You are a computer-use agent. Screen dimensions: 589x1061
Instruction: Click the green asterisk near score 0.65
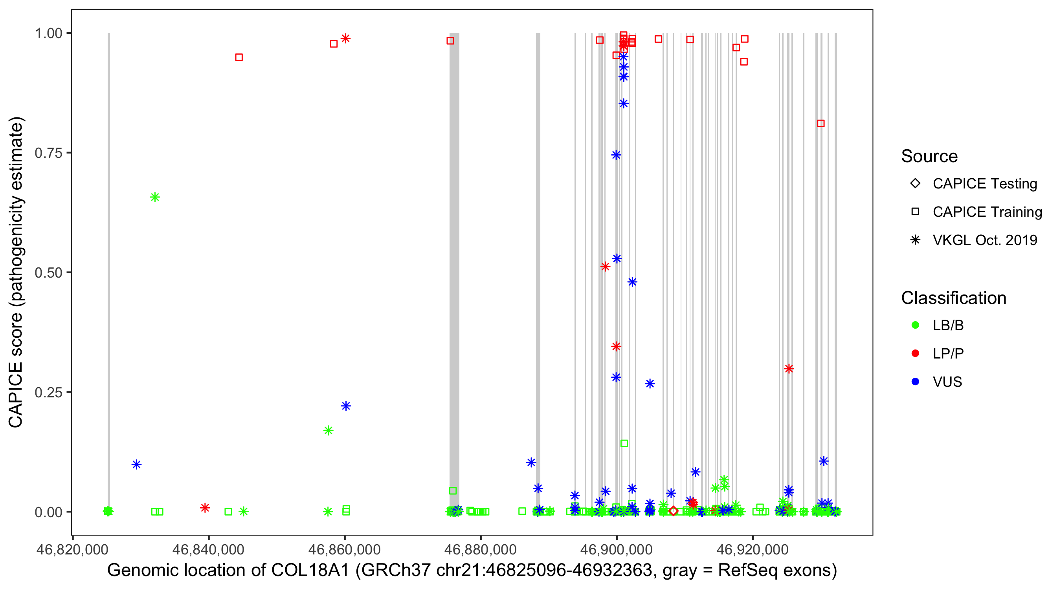click(155, 197)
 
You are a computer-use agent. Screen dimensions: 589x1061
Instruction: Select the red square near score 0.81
click(821, 123)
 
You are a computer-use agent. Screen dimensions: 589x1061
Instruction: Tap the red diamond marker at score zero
click(674, 511)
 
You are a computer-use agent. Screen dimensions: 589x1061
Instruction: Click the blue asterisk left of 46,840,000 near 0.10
click(136, 465)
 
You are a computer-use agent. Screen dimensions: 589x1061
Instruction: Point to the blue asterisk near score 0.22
click(346, 406)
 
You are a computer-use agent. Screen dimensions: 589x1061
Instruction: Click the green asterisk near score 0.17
click(328, 430)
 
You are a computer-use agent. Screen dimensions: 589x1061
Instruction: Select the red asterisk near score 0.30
click(789, 369)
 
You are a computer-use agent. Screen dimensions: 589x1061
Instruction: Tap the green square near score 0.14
click(624, 443)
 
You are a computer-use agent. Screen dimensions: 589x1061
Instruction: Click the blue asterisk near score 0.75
click(616, 155)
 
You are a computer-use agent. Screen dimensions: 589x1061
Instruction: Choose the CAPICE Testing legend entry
click(984, 184)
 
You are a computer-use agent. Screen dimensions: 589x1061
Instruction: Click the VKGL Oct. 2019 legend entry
click(984, 240)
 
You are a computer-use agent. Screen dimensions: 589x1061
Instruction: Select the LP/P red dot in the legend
click(915, 353)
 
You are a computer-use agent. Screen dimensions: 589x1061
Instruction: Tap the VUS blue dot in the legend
click(915, 382)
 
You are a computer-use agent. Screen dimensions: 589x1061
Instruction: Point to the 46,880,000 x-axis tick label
click(480, 549)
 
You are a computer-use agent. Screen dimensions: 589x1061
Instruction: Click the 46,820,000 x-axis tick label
click(72, 549)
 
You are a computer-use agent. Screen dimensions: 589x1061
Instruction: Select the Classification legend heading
click(953, 298)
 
